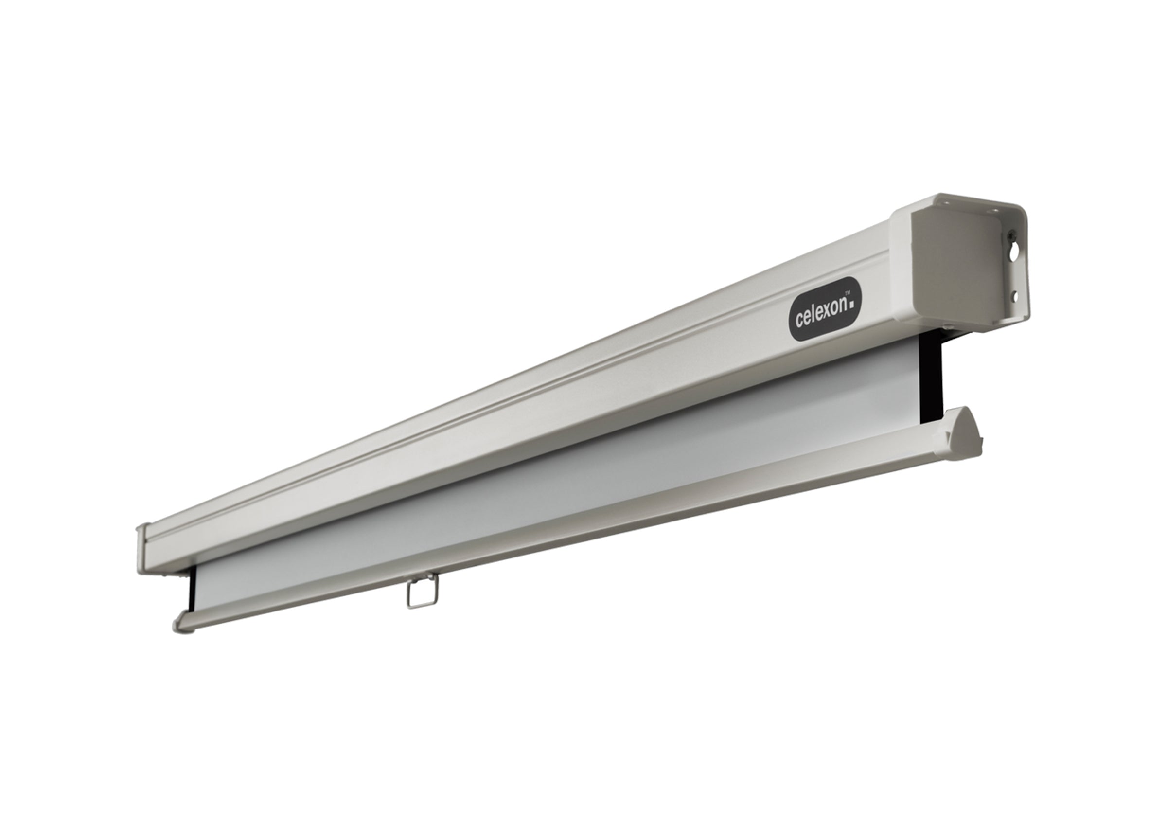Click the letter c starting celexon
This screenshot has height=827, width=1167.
coord(799,320)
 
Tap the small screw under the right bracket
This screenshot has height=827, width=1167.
coord(949,325)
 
